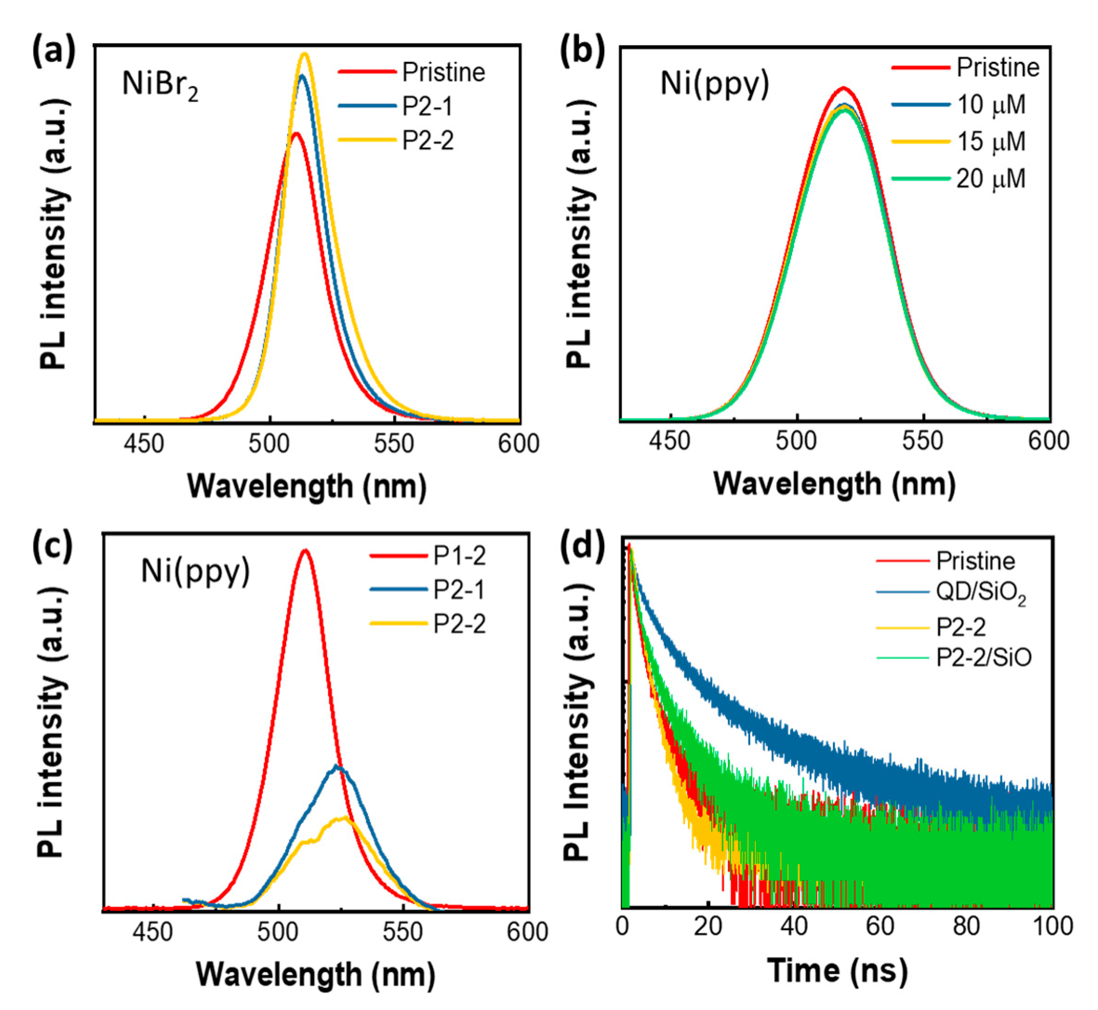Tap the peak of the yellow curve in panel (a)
point(305,53)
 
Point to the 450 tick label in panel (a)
point(143,443)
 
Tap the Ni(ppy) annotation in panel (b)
point(714,84)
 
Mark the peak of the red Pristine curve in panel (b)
point(844,87)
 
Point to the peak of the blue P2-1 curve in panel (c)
point(337,766)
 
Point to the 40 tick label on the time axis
point(794,926)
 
